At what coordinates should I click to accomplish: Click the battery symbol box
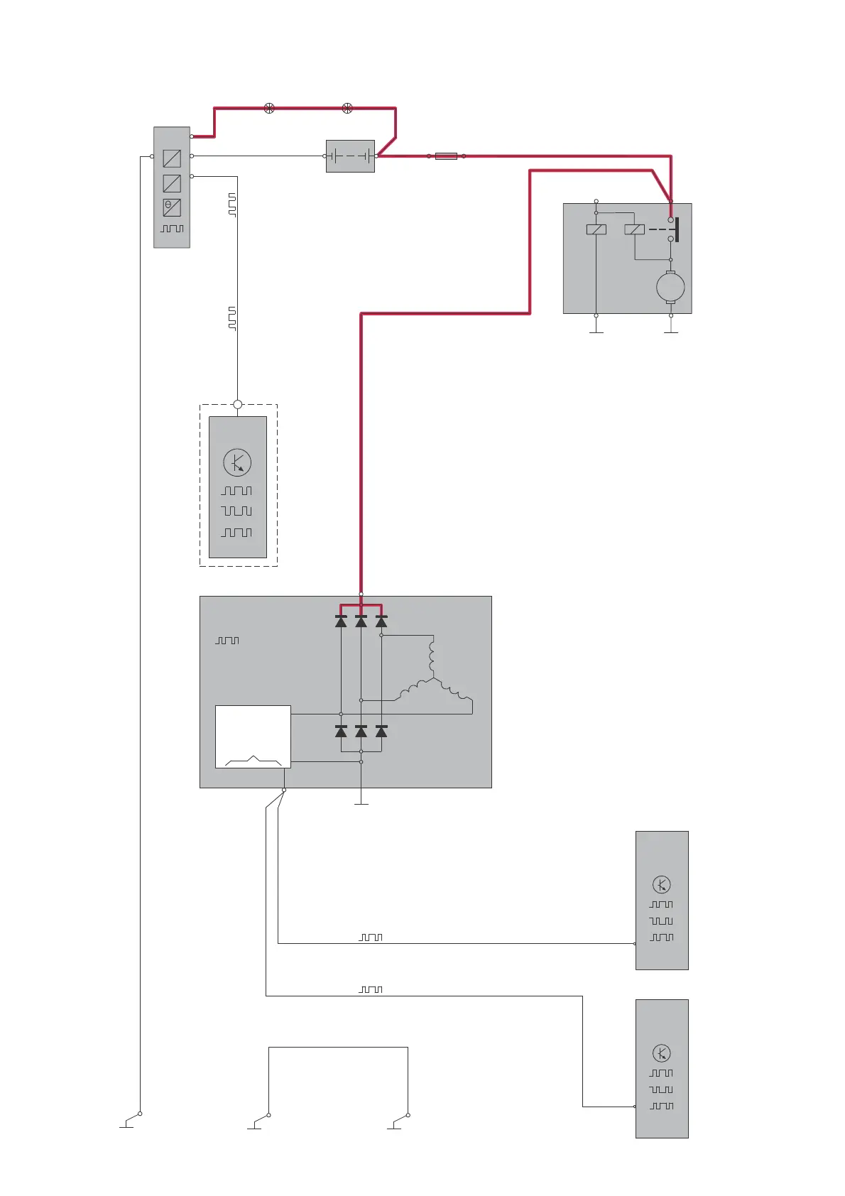tap(350, 156)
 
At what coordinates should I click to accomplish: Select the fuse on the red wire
tap(446, 156)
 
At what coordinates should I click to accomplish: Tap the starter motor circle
tap(670, 288)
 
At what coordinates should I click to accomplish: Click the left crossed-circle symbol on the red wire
tap(269, 108)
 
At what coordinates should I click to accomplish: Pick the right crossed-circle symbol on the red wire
tap(347, 108)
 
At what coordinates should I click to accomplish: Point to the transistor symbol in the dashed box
tap(237, 462)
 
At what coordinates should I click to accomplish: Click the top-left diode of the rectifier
tap(341, 621)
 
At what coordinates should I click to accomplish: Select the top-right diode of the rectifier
tap(381, 621)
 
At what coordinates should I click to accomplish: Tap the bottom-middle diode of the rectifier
tap(361, 731)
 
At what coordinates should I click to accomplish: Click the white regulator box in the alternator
tap(253, 736)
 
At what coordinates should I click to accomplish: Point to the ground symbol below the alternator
tap(361, 803)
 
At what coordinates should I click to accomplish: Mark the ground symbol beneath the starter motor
tap(670, 331)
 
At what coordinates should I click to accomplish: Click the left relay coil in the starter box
tap(596, 229)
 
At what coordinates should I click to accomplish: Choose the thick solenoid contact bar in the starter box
tap(677, 229)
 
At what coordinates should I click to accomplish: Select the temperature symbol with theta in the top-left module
tap(172, 207)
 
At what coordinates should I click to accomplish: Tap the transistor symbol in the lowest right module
tap(661, 1053)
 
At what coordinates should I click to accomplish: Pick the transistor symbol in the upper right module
tap(661, 884)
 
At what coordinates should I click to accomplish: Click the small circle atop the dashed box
tap(238, 405)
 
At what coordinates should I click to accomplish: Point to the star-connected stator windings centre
tap(433, 679)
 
